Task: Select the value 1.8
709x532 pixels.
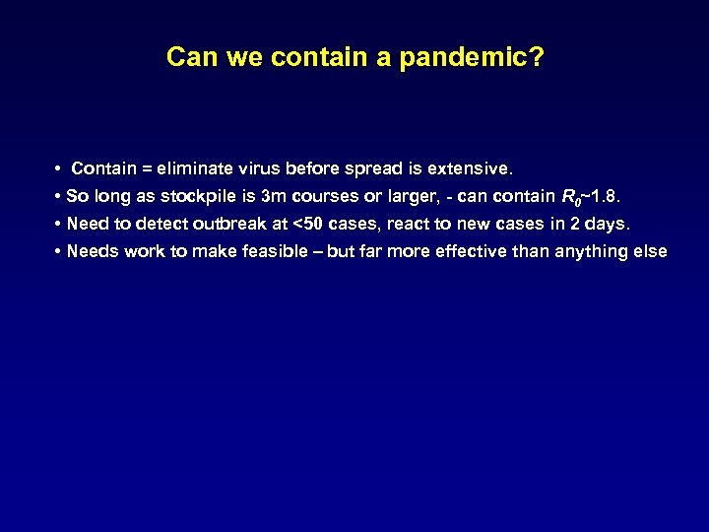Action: point(602,195)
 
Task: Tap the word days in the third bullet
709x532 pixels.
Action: point(605,223)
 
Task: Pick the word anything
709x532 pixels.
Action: point(596,251)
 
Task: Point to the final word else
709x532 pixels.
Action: point(651,251)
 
